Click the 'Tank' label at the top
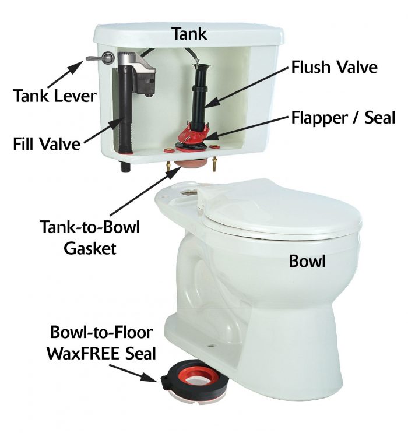(x=189, y=34)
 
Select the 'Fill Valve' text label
(x=47, y=143)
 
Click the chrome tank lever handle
(x=99, y=58)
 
